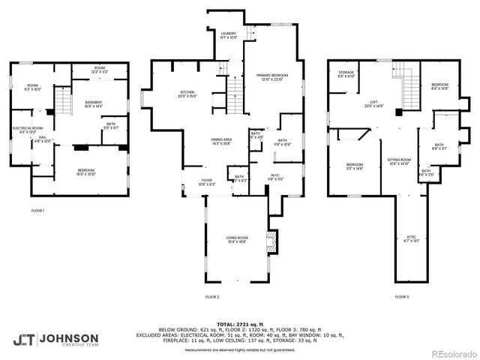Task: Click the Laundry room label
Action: coord(228,35)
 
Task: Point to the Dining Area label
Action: coord(220,140)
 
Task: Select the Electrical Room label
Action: coord(27,129)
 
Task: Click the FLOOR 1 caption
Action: coord(37,211)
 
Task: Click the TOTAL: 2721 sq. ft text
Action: coord(239,323)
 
